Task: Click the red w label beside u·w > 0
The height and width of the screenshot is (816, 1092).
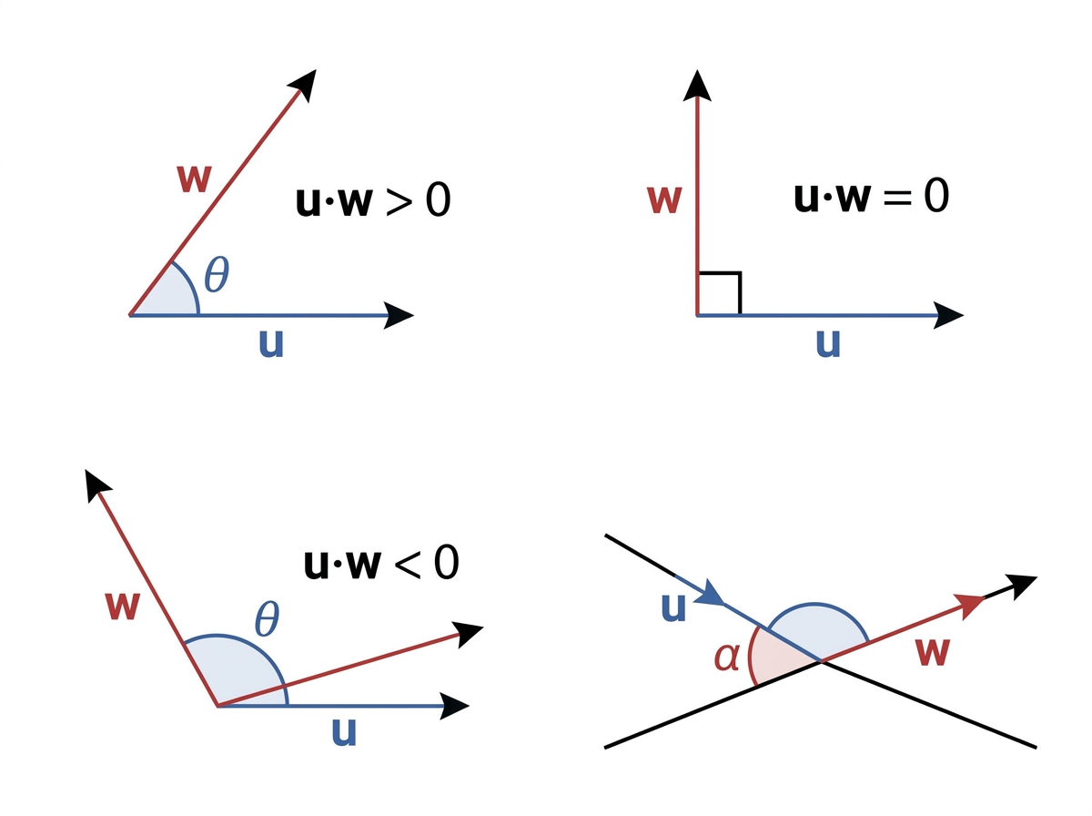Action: pos(195,178)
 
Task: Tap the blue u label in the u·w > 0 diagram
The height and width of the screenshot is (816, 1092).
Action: pos(271,344)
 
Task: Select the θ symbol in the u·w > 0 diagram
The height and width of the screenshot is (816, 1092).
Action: pos(217,274)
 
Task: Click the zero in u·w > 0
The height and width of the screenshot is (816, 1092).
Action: pos(439,199)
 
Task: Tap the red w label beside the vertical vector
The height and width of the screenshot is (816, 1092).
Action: pos(663,199)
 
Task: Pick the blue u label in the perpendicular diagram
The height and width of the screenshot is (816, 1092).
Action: pos(828,344)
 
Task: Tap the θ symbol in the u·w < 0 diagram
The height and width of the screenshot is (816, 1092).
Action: pos(267,619)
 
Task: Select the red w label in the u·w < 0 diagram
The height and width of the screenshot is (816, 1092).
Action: pos(122,607)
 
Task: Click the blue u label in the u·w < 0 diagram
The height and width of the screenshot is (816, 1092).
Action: pos(344,732)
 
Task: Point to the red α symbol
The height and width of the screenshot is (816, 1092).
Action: pos(726,658)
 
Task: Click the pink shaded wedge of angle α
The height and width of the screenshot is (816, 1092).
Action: pos(776,658)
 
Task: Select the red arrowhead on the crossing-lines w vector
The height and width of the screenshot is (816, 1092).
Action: pos(969,605)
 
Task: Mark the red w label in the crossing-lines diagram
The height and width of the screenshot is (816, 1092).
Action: pos(933,653)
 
